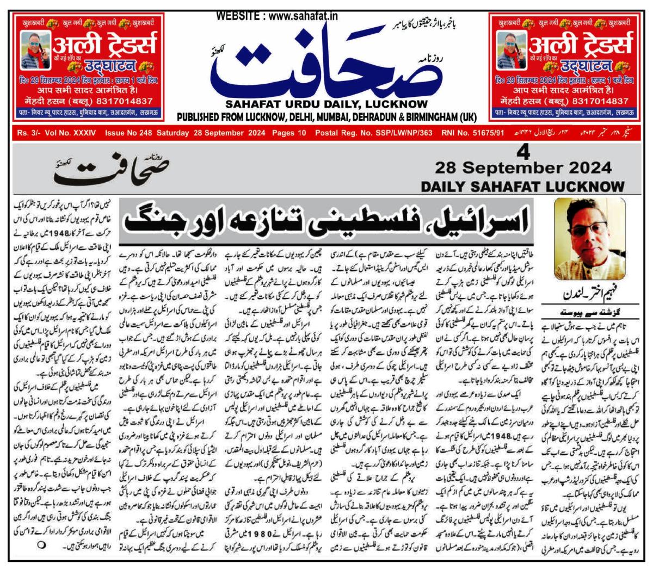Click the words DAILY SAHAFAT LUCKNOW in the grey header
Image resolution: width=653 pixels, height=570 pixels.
point(522,186)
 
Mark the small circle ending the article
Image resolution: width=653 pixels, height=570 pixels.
point(41,544)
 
